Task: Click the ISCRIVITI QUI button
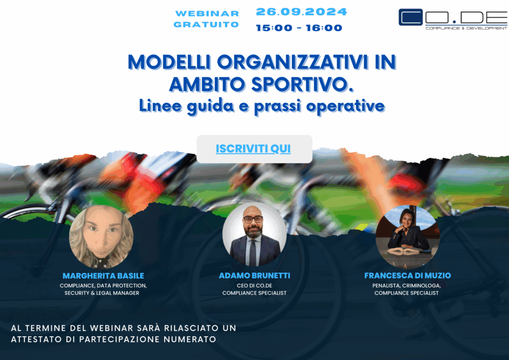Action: tap(254, 149)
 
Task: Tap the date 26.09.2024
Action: tap(302, 12)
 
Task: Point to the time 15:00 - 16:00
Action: tap(299, 28)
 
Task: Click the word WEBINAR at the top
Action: tap(207, 13)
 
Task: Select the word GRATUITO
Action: tap(206, 24)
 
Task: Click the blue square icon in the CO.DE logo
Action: tap(411, 17)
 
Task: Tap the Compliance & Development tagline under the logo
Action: tap(466, 28)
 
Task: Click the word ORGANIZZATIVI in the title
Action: tap(292, 62)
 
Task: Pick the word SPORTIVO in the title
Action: tap(302, 85)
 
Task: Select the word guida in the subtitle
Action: tap(210, 106)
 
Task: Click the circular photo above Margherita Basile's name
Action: tap(101, 237)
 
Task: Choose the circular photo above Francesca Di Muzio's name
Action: tap(408, 237)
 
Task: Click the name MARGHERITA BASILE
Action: tap(103, 276)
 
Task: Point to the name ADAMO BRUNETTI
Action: tap(254, 275)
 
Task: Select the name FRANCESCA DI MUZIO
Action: tap(408, 275)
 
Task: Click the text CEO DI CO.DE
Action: tap(254, 285)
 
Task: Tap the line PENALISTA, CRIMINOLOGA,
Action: tap(407, 285)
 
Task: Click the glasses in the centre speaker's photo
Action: tap(253, 219)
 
